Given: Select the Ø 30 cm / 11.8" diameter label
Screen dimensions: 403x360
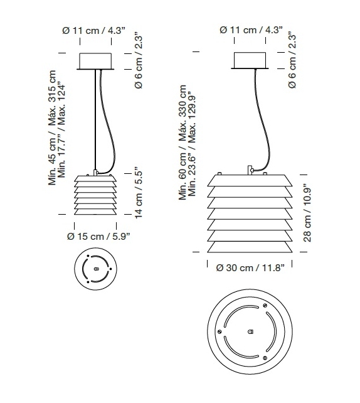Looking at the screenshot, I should click(x=250, y=268).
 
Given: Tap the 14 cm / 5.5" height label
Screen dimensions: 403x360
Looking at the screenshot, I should click(x=138, y=192).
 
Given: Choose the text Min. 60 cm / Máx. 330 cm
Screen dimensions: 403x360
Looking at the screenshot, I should click(x=183, y=142).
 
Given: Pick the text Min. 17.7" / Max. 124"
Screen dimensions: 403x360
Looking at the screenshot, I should click(x=61, y=129).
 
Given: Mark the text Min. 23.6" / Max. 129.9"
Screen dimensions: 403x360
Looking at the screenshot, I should click(x=192, y=142).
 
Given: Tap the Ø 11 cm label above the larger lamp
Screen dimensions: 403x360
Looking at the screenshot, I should click(x=251, y=30).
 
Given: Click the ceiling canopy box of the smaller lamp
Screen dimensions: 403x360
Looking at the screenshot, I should click(x=96, y=62).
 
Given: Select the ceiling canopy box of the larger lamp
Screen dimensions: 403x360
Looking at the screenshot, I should click(x=251, y=60).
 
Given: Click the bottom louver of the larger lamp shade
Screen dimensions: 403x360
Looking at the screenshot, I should click(x=250, y=246).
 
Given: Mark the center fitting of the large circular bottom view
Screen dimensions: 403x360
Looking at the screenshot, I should click(x=250, y=330).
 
